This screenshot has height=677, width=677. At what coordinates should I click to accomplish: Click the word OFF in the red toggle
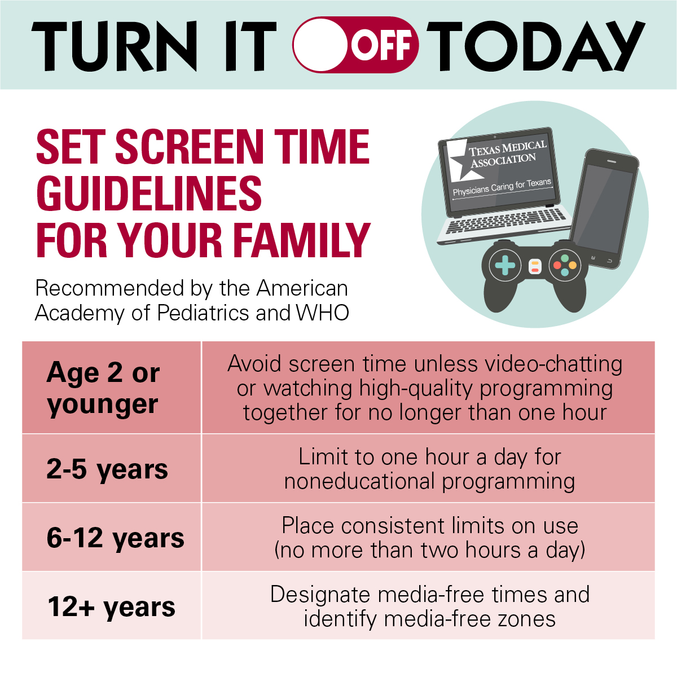(x=381, y=45)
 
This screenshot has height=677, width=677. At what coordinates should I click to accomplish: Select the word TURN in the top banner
(x=115, y=46)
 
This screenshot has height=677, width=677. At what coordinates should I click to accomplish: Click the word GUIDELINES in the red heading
(x=149, y=194)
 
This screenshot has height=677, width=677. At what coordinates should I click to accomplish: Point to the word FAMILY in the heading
(x=301, y=240)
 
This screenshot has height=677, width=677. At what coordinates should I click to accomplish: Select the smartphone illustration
(x=604, y=209)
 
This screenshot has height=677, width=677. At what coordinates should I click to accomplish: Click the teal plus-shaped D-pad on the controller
(x=505, y=265)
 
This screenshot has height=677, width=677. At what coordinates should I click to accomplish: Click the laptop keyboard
(x=506, y=220)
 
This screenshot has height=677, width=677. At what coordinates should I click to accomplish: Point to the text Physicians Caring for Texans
(x=502, y=187)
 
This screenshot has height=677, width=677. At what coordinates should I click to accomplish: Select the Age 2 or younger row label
(x=103, y=388)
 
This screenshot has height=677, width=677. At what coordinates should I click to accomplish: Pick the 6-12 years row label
(x=115, y=538)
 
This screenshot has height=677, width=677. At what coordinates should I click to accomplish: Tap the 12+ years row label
(x=111, y=606)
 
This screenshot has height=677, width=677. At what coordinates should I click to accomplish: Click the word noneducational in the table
(x=359, y=481)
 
